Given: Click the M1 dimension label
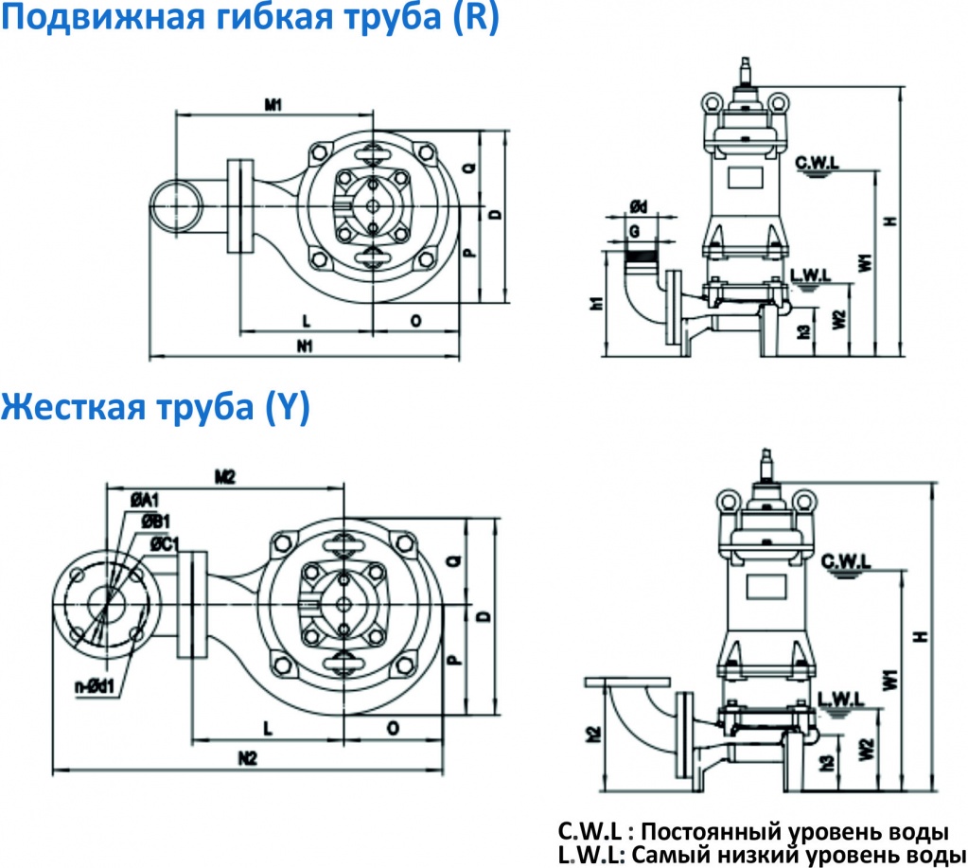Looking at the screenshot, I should pyautogui.click(x=273, y=105).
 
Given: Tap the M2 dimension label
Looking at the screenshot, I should pyautogui.click(x=224, y=477).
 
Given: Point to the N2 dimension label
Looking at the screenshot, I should pyautogui.click(x=248, y=757).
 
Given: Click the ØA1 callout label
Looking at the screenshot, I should pyautogui.click(x=145, y=499).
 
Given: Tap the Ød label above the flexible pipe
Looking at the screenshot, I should pyautogui.click(x=638, y=206).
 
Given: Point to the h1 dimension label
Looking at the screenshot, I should pyautogui.click(x=596, y=304).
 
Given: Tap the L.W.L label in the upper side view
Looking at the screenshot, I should pyautogui.click(x=811, y=275).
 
